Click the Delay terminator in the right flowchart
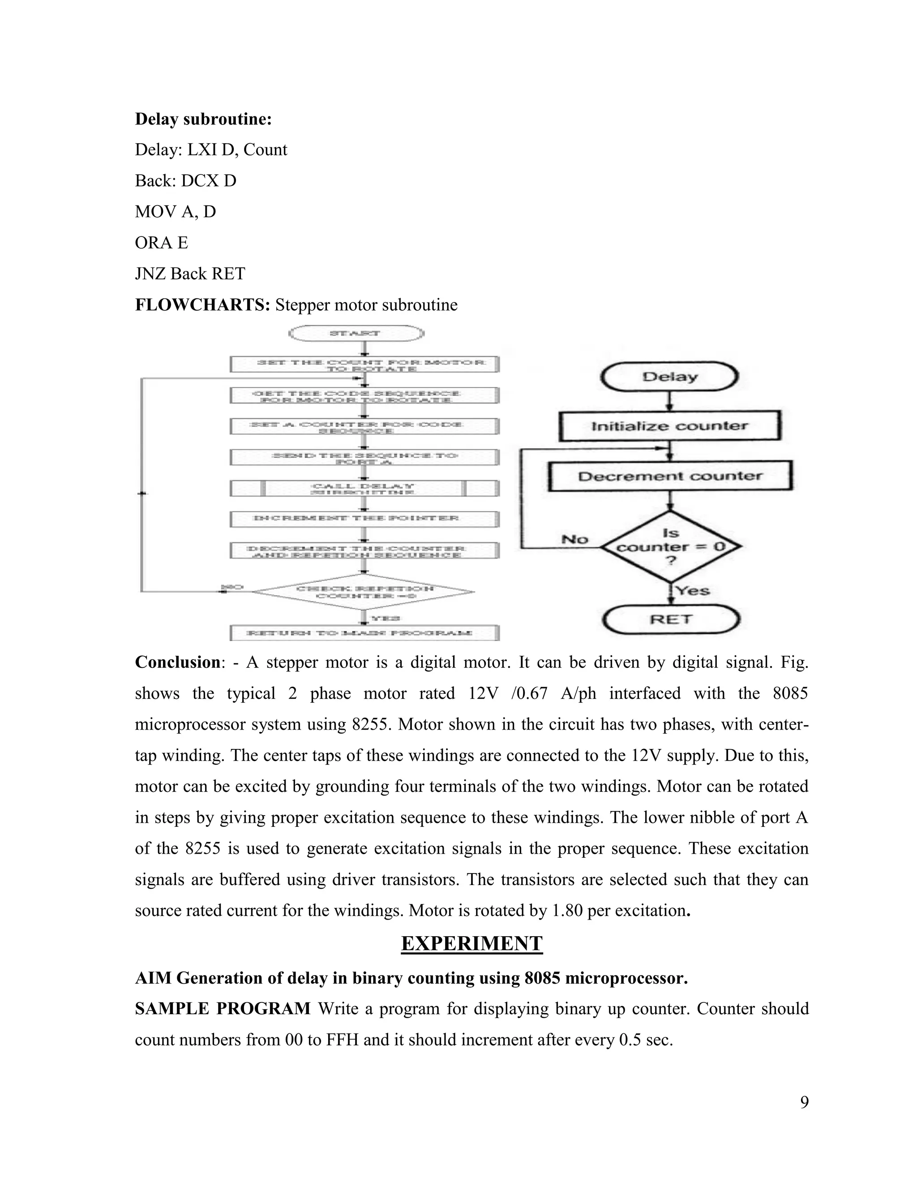(669, 377)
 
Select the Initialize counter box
(669, 426)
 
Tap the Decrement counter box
(670, 476)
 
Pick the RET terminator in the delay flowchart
(671, 619)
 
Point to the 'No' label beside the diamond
(575, 539)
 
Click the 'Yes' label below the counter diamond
(693, 590)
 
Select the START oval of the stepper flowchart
(356, 333)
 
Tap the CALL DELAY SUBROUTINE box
(364, 489)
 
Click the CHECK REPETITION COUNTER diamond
(364, 592)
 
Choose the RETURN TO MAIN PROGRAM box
(364, 632)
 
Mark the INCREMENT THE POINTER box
(364, 519)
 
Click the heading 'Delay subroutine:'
(203, 119)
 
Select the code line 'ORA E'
(161, 242)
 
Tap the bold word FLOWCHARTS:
(202, 305)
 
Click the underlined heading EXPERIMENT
(471, 943)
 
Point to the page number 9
(804, 1102)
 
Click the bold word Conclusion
(178, 662)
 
